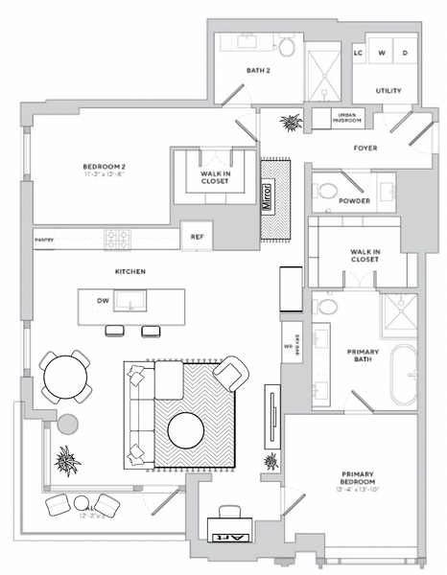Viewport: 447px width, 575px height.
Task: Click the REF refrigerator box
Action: click(198, 236)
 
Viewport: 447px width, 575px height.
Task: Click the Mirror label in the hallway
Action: click(268, 197)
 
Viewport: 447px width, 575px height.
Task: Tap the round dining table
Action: click(62, 376)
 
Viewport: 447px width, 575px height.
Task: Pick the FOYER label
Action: click(364, 149)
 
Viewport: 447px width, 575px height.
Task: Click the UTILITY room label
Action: click(388, 91)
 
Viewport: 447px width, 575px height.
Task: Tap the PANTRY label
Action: click(43, 240)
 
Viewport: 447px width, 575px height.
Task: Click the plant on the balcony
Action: click(66, 462)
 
